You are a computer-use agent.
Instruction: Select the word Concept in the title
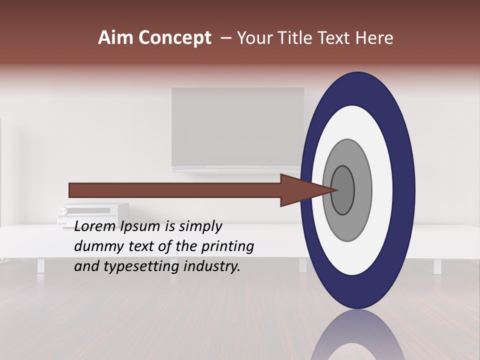(x=174, y=38)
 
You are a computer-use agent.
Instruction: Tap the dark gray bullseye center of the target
(x=343, y=190)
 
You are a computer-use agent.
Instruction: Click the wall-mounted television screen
(x=237, y=127)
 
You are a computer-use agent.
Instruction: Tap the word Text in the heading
(x=335, y=38)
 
